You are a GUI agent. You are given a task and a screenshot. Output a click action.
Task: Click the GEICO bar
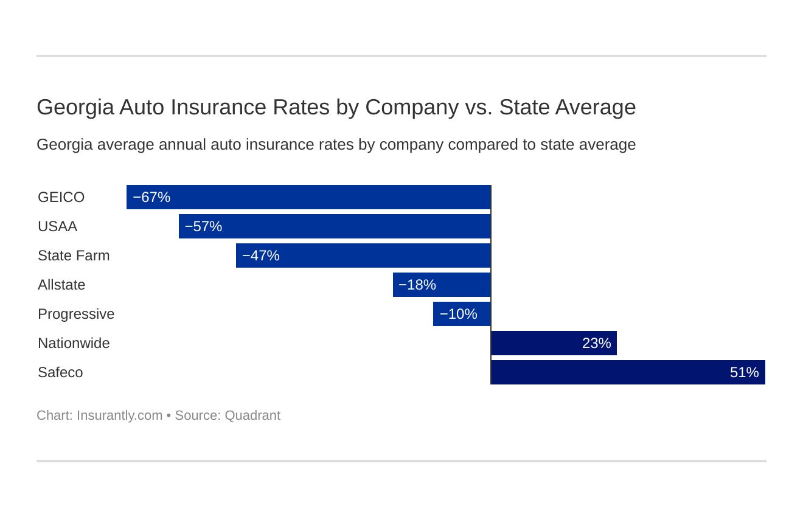point(308,197)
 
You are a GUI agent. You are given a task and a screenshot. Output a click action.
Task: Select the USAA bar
point(335,226)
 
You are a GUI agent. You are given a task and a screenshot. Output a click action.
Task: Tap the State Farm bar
point(363,255)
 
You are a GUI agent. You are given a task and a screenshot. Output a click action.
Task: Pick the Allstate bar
point(442,285)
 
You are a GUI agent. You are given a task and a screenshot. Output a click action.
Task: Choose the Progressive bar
point(462,314)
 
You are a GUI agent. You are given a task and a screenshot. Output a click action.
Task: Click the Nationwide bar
point(554,343)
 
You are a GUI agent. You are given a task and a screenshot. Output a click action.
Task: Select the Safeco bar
point(628,372)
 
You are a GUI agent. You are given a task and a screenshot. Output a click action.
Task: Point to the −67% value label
point(151,198)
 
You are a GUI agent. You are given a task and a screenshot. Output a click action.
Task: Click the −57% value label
point(203,227)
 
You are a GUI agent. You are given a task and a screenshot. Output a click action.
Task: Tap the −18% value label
point(417,285)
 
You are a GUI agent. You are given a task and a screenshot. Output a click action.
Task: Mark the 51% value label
point(744,373)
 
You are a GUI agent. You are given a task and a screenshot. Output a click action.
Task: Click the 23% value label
point(596,344)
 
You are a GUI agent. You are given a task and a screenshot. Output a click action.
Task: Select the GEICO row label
point(61,198)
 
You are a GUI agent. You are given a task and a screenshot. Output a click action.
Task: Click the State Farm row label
point(74,256)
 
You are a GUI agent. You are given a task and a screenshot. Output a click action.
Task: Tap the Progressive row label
point(76,315)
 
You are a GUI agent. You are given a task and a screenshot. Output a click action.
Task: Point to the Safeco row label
point(60,373)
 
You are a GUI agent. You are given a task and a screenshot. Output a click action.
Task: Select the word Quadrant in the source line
point(252,415)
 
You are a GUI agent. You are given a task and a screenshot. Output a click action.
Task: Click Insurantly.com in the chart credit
point(119,415)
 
